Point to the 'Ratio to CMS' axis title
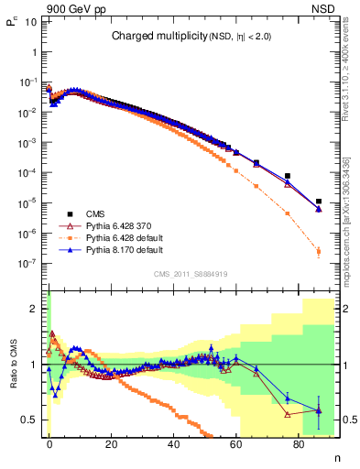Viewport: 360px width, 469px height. tap(15, 366)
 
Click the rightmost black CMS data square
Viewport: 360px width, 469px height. tap(318, 202)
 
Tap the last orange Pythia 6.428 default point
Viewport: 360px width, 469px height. tap(318, 251)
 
